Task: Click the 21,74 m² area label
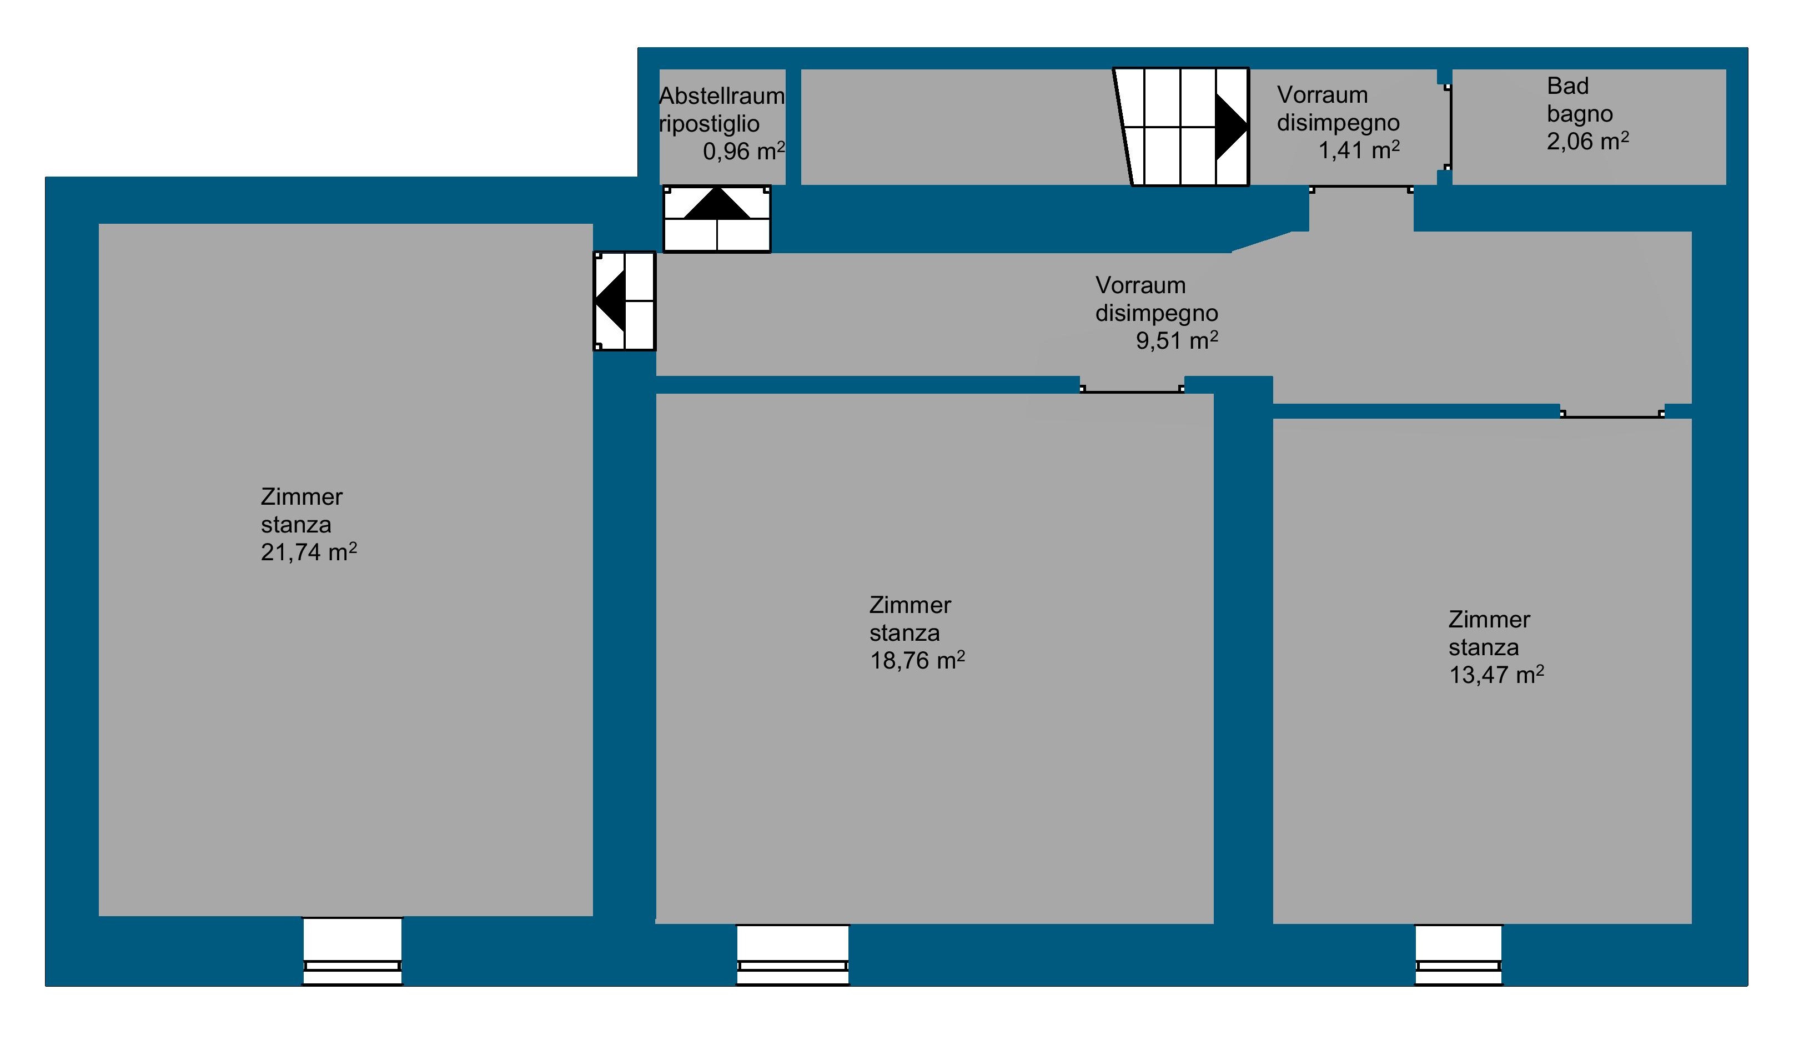pos(309,552)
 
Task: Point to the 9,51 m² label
pos(1177,340)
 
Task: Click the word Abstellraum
pos(722,96)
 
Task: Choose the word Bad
pos(1567,86)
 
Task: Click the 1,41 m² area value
pos(1359,150)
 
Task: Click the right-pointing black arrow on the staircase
pos(1232,127)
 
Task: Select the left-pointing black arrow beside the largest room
pos(610,301)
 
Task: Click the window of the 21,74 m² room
pos(353,951)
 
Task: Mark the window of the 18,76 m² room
pos(793,955)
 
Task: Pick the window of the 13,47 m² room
pos(1459,955)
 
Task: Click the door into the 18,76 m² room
pos(1132,390)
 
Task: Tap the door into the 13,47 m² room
pos(1612,415)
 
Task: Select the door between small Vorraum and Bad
pos(1449,127)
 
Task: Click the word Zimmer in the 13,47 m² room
pos(1489,620)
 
